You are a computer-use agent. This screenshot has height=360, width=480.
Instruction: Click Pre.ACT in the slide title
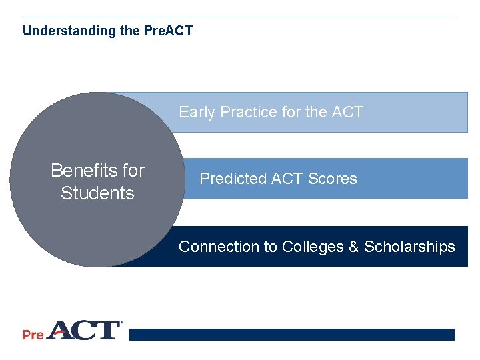pos(168,31)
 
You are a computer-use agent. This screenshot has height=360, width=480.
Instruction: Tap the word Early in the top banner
pos(197,112)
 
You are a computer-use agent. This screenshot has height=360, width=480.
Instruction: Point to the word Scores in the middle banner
pos(333,179)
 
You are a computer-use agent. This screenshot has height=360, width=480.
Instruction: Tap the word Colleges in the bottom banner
pos(313,247)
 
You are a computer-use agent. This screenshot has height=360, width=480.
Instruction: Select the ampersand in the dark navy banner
pos(354,247)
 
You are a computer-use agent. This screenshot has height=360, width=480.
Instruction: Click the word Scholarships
pos(409,247)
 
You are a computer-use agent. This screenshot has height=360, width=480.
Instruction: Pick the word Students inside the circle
pos(97,193)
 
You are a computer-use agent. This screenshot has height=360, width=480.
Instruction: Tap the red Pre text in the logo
pos(33,334)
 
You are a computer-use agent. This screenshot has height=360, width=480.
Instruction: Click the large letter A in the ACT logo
pos(61,330)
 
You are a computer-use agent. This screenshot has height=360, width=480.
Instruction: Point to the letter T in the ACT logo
pos(107,330)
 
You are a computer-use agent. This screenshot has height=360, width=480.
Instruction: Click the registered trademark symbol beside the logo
pos(121,323)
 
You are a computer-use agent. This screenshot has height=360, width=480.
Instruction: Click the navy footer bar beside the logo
pos(291,335)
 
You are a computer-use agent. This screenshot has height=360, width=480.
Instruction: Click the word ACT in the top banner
pos(347,112)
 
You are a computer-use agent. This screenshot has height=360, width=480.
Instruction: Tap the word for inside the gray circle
pos(133,171)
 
